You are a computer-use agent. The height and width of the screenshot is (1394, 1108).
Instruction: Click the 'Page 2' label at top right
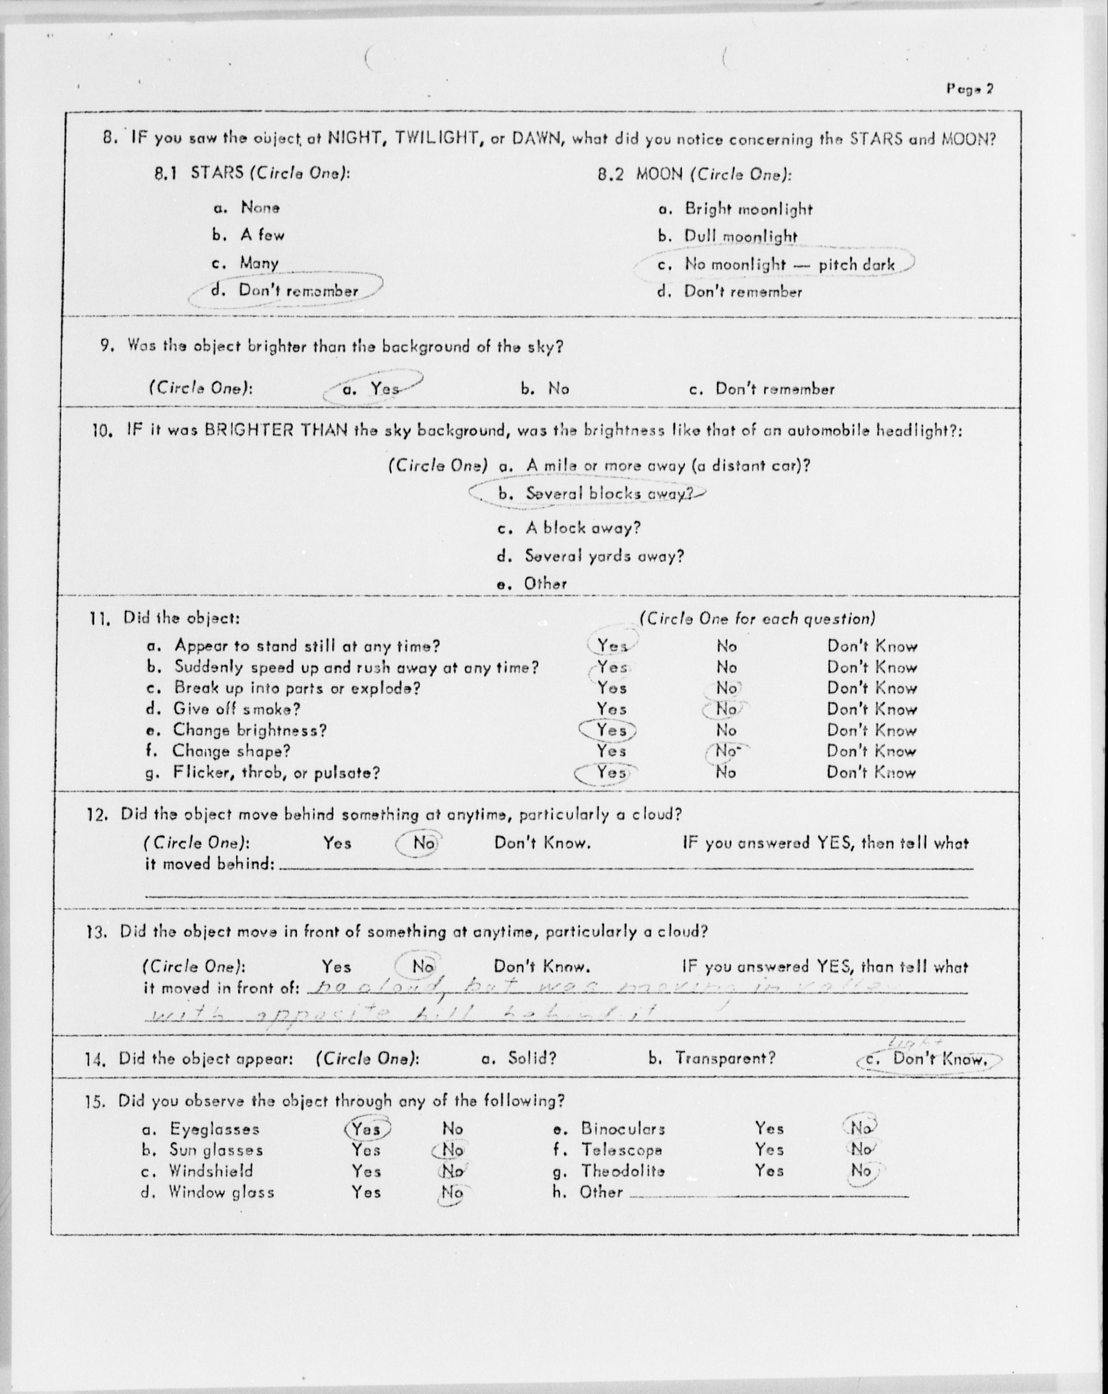(970, 89)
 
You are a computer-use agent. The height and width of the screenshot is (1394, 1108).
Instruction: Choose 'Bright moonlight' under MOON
(748, 209)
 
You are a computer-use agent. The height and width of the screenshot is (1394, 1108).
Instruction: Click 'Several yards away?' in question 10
(603, 556)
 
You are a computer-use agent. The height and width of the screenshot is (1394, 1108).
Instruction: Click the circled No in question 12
(424, 843)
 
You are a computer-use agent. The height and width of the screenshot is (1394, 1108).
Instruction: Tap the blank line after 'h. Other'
(768, 1193)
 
